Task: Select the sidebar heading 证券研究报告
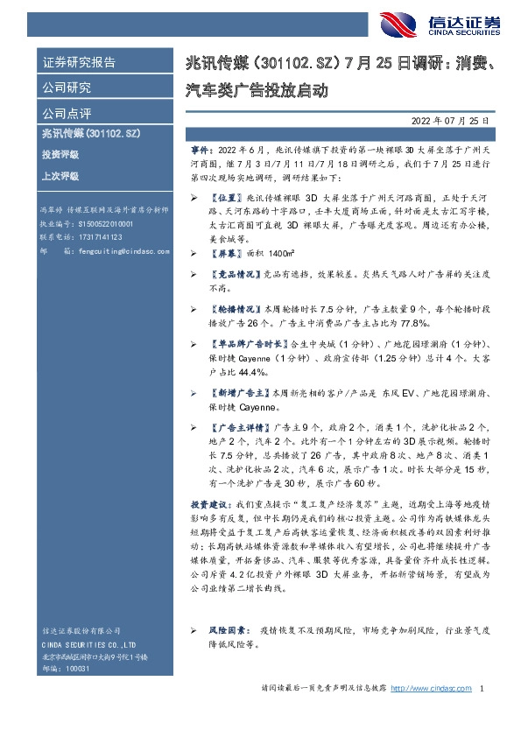79,63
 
